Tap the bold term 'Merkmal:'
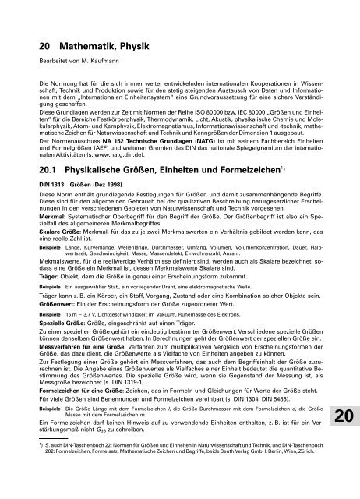pyautogui.click(x=40, y=215)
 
